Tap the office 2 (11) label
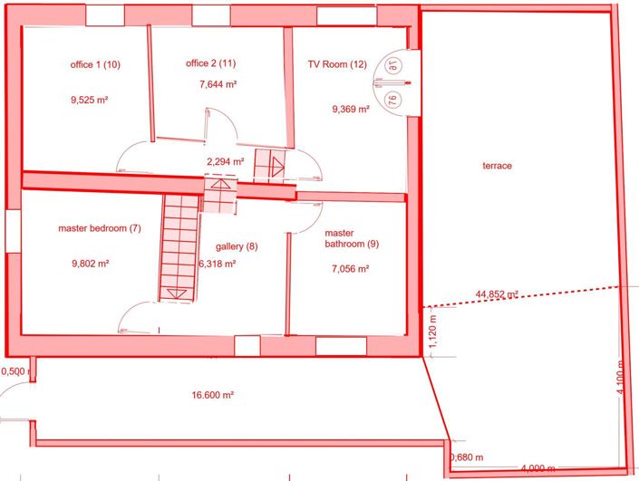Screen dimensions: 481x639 210,63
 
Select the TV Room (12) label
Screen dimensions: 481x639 337,64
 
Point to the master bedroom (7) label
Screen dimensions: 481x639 100,228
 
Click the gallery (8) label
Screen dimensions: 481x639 237,246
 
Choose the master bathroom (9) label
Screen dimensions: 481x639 345,238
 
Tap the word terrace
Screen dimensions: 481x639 497,166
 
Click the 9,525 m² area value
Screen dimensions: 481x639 89,101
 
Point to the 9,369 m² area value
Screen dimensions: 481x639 351,109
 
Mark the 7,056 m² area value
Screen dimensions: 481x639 351,269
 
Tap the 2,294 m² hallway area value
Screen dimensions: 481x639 226,162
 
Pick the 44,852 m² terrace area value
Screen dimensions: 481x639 496,293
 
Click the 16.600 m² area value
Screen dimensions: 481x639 213,395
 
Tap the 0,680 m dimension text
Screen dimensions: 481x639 467,457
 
